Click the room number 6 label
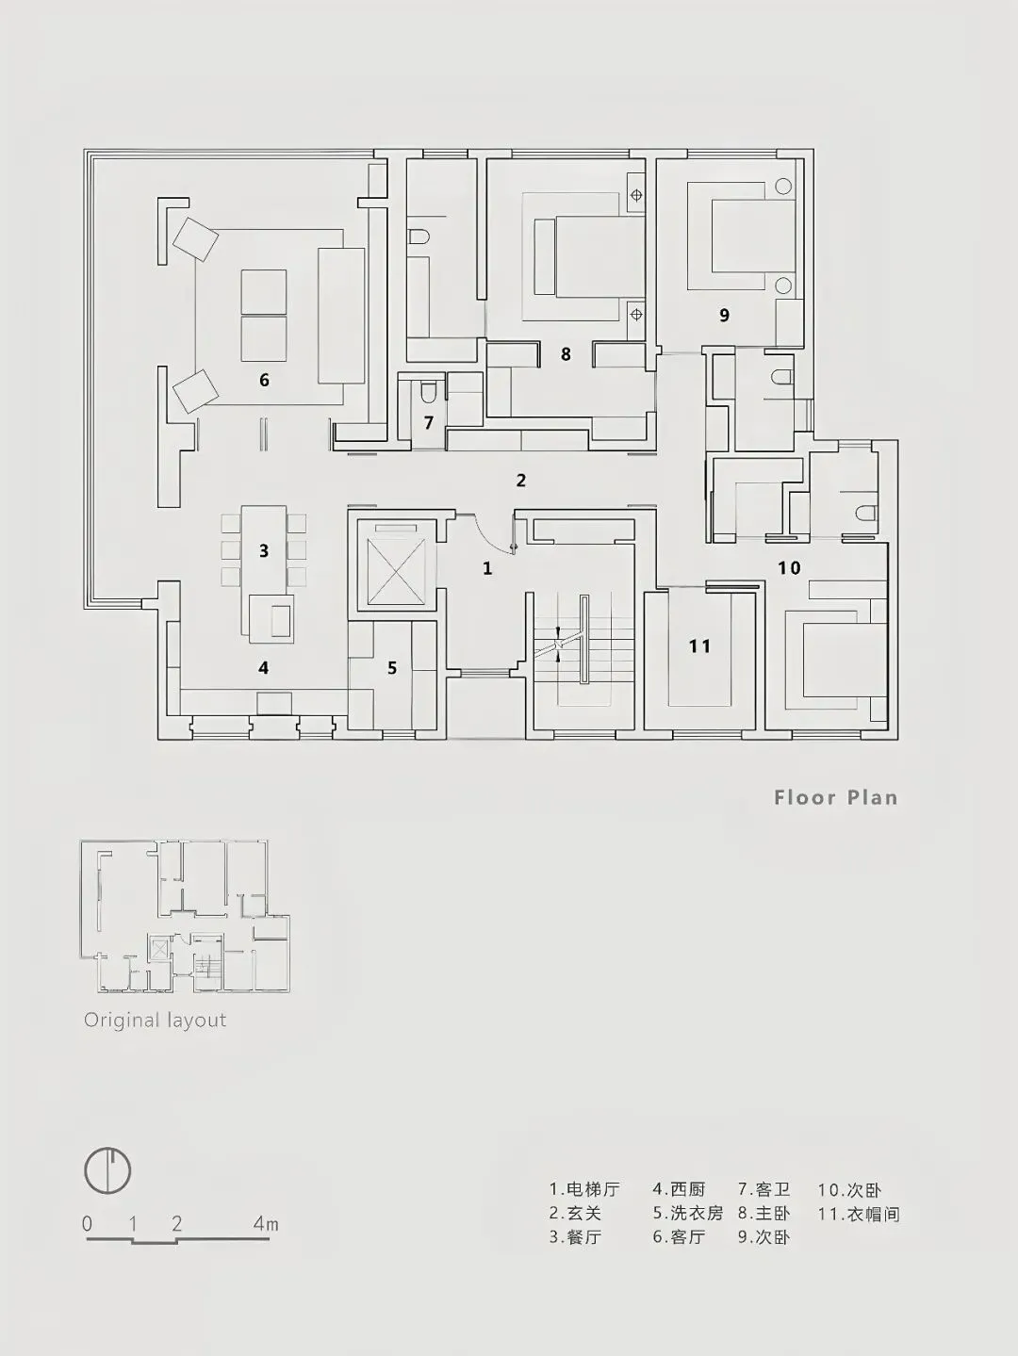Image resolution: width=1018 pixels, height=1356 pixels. click(x=264, y=380)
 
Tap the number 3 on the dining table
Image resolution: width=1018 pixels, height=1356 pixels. click(x=264, y=550)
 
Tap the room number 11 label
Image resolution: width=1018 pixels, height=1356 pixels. click(x=699, y=645)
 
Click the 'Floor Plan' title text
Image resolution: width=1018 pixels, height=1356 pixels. click(x=835, y=797)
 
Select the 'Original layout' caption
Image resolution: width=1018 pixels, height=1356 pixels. click(x=155, y=1020)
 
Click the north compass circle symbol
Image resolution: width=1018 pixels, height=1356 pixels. click(x=107, y=1171)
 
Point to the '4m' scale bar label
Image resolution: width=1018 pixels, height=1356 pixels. click(x=265, y=1224)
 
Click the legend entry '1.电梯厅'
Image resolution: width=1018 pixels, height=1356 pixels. click(x=584, y=1190)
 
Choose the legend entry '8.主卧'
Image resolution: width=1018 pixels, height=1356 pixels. click(x=764, y=1214)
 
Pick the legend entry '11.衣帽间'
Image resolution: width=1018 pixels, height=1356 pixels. click(x=859, y=1214)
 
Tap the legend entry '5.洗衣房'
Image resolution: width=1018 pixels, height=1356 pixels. click(x=688, y=1214)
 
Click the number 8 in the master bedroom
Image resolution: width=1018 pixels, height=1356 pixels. click(x=566, y=354)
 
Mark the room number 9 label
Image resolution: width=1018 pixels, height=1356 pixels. click(x=724, y=315)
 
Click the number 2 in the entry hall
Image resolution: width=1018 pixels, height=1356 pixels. click(x=521, y=481)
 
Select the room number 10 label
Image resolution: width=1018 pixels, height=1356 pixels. click(x=789, y=567)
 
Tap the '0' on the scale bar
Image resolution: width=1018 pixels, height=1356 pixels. click(x=88, y=1224)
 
